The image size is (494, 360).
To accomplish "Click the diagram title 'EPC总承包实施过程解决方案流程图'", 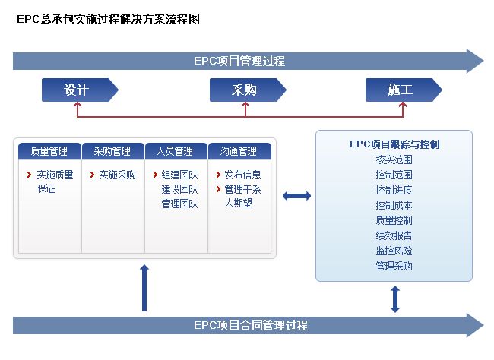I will pos(108,21).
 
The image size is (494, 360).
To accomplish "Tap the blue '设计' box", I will pos(77,90).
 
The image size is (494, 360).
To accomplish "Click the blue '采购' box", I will pos(245,90).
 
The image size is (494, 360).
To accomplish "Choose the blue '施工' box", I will pos(400,90).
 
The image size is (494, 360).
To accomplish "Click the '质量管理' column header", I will pos(49,151).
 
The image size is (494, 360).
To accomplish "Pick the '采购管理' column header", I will pos(112,151).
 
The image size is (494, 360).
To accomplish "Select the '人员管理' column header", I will pos(176,151).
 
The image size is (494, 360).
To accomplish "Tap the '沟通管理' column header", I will pos(239,151).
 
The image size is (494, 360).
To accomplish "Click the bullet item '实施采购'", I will pos(117,175).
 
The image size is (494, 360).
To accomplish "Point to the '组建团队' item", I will pos(179,175).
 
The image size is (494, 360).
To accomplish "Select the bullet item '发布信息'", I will pos(242,175).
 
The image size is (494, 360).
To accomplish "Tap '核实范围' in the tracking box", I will pos(394,159).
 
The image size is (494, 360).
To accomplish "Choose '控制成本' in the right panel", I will pos(394,205).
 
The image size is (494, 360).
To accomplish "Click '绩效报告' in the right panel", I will pos(394,235).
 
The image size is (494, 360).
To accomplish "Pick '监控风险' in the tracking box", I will pos(394,251).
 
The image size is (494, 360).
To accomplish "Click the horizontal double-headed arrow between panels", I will pos(296,196).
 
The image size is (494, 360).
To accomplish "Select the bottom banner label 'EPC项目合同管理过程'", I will pos(251,325).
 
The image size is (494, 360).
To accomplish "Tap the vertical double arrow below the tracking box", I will pos(394,298).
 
